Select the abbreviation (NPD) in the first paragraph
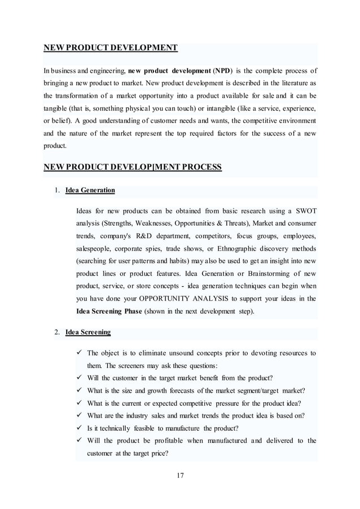(x=219, y=71)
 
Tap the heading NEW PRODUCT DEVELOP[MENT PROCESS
(x=133, y=167)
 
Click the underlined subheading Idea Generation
(x=90, y=190)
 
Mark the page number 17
(x=180, y=475)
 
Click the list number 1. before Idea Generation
(x=57, y=190)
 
